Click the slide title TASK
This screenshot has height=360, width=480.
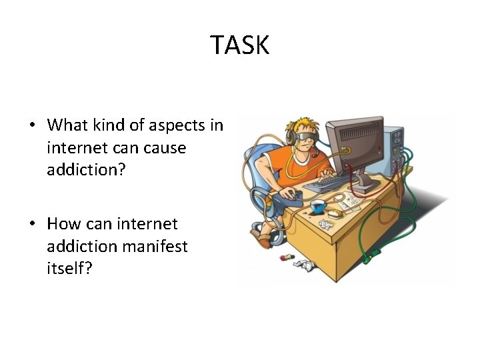coord(240,45)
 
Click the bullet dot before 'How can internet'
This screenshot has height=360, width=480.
coord(32,224)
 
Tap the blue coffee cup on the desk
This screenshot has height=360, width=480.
coord(319,206)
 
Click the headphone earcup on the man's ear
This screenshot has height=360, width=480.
coord(291,137)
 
